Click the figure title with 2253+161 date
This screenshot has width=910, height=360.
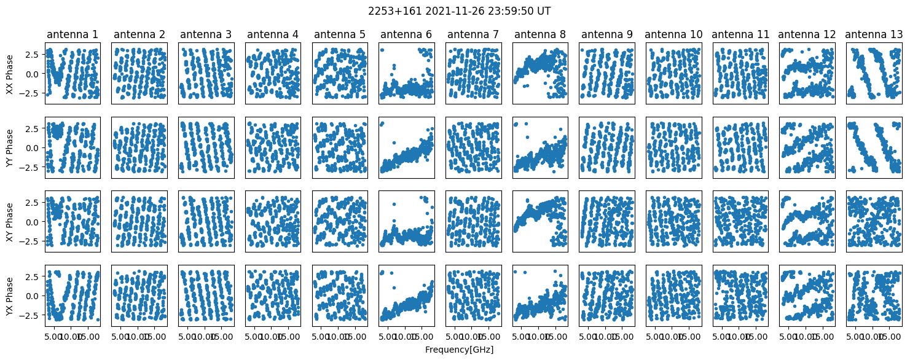(455, 11)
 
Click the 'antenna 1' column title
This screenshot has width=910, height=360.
(72, 34)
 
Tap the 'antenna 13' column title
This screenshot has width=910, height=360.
(874, 34)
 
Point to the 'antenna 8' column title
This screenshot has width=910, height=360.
(539, 34)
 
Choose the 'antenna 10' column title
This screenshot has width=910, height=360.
(673, 34)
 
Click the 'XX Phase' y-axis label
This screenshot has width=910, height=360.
(9, 74)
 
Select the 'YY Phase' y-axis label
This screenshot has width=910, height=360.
(9, 148)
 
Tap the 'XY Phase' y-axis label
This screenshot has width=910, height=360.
(9, 222)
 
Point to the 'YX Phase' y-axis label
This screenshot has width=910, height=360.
(9, 295)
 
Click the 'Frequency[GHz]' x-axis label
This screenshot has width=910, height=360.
(458, 350)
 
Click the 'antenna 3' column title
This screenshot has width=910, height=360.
(206, 34)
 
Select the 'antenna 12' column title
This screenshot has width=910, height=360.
(807, 34)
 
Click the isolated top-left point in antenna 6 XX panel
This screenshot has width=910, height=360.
(382, 50)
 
